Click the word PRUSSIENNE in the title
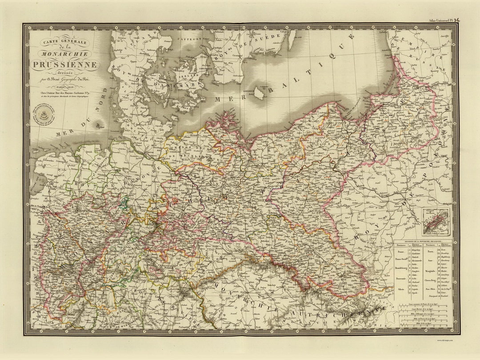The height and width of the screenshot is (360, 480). coord(65,65)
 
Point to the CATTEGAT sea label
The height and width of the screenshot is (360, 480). coord(189,39)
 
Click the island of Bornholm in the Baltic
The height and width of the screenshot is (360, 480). coord(259,93)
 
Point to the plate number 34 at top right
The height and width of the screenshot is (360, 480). coord(457,20)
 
